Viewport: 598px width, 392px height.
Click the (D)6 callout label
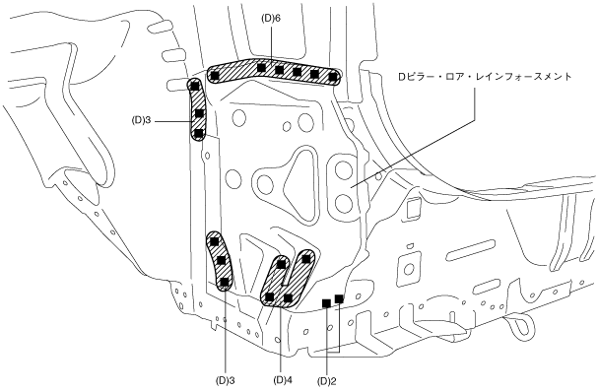[271, 19]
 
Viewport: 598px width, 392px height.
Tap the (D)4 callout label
[283, 380]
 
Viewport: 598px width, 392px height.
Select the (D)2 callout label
[327, 381]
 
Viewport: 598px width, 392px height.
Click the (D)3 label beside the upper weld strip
[142, 120]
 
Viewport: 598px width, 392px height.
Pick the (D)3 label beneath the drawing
[225, 380]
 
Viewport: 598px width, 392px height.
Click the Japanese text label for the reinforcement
[485, 77]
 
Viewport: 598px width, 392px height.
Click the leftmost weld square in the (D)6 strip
[215, 76]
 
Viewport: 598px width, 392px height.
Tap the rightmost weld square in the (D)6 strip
[333, 77]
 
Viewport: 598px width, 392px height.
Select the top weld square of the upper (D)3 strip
[195, 86]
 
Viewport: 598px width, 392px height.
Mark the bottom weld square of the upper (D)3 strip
[198, 133]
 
